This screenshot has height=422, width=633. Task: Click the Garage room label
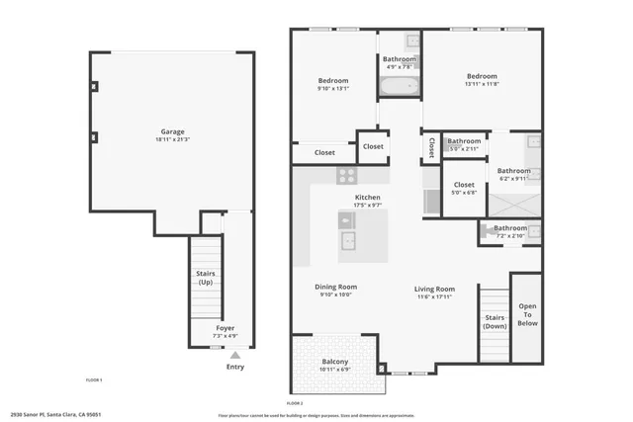click(173, 131)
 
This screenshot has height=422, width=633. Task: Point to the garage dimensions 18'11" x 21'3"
click(173, 139)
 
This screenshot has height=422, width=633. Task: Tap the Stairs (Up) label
click(205, 278)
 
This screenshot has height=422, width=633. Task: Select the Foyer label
click(226, 327)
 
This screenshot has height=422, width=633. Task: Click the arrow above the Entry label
click(234, 356)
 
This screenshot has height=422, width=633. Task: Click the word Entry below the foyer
click(234, 367)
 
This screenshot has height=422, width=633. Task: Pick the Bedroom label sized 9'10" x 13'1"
click(332, 81)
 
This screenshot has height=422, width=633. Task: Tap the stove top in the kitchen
click(347, 175)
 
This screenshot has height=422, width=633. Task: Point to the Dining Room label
click(335, 287)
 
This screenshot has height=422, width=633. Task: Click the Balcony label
click(334, 362)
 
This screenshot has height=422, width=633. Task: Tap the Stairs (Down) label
click(495, 322)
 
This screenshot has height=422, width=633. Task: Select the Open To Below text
click(528, 313)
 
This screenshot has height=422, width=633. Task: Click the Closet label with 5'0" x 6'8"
click(464, 185)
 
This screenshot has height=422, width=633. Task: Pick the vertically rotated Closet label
click(431, 146)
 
